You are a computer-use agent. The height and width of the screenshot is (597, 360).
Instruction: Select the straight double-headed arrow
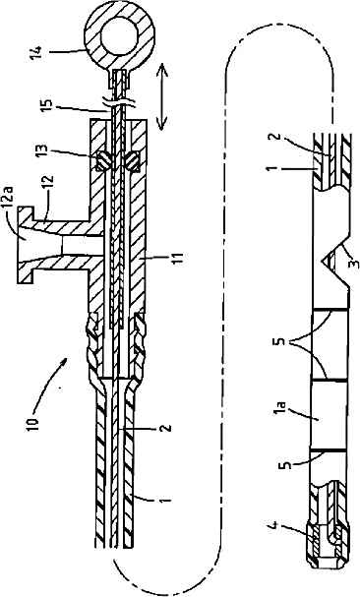pyautogui.click(x=162, y=96)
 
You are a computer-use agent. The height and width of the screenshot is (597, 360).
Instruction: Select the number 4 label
pyautogui.click(x=275, y=527)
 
